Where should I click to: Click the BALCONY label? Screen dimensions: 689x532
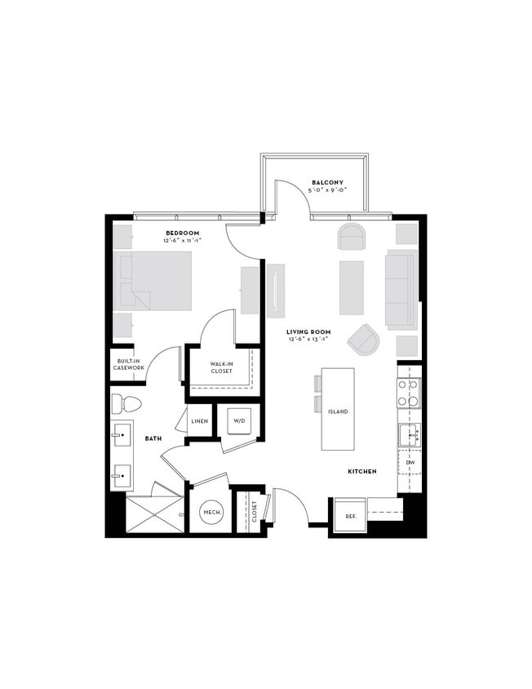coord(327,182)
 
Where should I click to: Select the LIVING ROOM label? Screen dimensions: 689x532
coord(302,331)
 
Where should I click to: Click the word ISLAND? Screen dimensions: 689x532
coord(338,411)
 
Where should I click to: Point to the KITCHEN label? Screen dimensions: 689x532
coord(361,472)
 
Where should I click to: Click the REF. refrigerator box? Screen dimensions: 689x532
coord(350,516)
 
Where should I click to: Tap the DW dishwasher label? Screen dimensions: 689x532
coord(410,462)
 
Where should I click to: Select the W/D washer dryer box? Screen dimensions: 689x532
coord(239,421)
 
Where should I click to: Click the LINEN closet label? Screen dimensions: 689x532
coord(199,421)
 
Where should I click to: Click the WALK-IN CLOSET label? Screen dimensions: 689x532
coord(221,368)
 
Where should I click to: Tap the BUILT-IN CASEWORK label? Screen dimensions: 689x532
coord(130,364)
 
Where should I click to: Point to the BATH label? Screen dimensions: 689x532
coord(153,438)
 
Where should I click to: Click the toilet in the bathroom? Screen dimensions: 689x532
coord(126,402)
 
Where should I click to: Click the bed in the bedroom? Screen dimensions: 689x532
coord(155,281)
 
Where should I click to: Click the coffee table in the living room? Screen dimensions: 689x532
coord(351,287)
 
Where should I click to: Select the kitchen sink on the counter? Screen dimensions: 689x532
coord(410,433)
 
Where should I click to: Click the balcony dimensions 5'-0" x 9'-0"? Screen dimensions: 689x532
coord(327,191)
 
